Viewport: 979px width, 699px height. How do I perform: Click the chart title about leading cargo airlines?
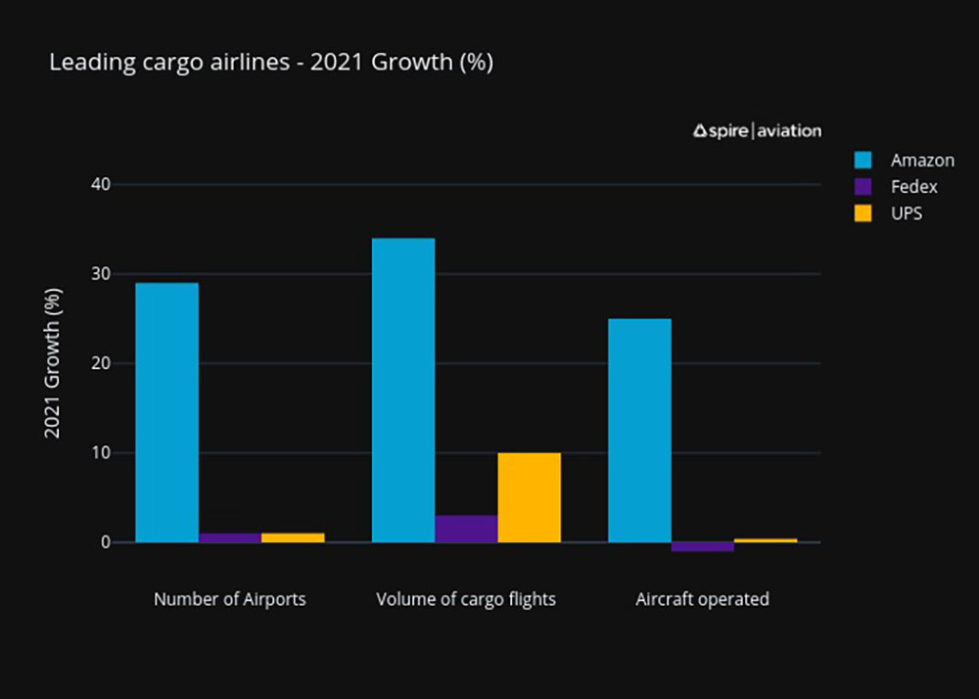(x=270, y=64)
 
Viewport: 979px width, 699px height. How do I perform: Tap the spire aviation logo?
(x=757, y=130)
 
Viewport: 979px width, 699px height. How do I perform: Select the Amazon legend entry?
(x=921, y=160)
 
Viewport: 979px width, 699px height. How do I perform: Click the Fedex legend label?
(x=913, y=186)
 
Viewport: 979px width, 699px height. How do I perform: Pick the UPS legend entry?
(x=907, y=212)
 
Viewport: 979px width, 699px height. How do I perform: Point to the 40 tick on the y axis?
(x=101, y=184)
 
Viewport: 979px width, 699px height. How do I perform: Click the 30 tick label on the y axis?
(x=101, y=274)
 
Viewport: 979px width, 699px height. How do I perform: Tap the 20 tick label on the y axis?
(x=101, y=363)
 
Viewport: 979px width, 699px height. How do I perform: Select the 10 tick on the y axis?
(x=101, y=453)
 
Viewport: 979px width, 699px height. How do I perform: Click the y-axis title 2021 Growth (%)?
(x=54, y=363)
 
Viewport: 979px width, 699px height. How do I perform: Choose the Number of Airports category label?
(x=229, y=599)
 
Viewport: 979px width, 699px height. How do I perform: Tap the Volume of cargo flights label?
(x=466, y=599)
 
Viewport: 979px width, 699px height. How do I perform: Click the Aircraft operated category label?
(x=702, y=599)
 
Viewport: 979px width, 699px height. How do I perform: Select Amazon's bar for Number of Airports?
(x=166, y=412)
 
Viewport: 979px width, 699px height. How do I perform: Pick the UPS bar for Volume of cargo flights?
(x=529, y=497)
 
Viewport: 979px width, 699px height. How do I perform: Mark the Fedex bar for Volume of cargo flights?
(x=466, y=529)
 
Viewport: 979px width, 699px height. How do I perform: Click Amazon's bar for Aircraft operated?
(x=639, y=430)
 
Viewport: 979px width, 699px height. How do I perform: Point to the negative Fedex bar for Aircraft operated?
(x=702, y=546)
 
